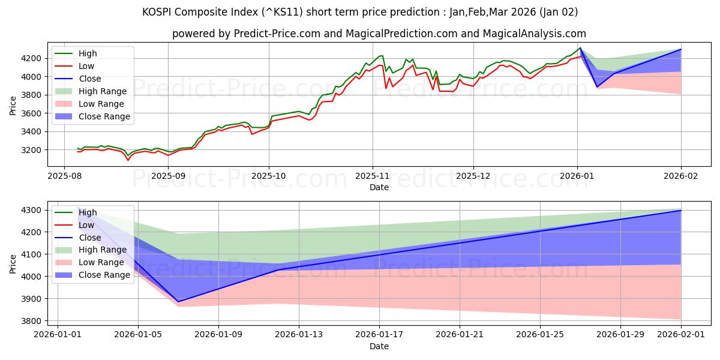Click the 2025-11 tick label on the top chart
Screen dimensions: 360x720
pyautogui.click(x=372, y=176)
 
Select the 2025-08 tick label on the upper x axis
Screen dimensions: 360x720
pyautogui.click(x=65, y=176)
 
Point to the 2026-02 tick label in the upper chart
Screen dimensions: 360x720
pyautogui.click(x=681, y=176)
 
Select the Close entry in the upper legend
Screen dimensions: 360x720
pyautogui.click(x=90, y=79)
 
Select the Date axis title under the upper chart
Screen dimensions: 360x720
pyautogui.click(x=379, y=187)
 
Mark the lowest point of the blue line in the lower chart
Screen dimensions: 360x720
pyautogui.click(x=178, y=302)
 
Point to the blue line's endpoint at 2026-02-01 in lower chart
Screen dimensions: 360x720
pyautogui.click(x=681, y=210)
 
